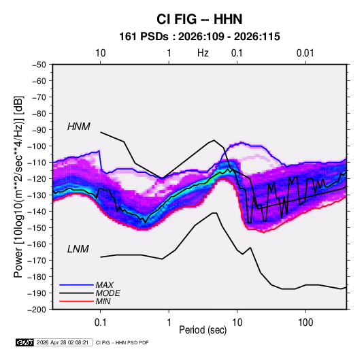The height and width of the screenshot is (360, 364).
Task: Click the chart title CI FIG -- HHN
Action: pos(199,19)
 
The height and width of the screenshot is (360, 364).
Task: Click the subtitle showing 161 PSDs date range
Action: pos(199,37)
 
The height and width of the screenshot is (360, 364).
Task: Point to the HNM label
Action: pos(79,127)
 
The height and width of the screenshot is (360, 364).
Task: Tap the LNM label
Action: pos(78,249)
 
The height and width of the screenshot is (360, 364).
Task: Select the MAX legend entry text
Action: pos(105,285)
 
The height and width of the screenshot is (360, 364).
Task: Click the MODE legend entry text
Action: pos(107,293)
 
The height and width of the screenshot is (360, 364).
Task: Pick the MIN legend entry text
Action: pos(103,301)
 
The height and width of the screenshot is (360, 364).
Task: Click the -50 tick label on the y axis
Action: pos(39,65)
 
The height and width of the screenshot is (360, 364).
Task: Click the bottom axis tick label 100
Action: pos(305,323)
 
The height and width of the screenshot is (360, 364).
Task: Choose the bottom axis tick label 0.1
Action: pos(100,323)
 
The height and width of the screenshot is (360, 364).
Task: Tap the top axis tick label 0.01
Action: pos(305,53)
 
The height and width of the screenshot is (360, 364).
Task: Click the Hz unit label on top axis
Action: pos(203,53)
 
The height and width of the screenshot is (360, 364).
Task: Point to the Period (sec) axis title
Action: pos(203,330)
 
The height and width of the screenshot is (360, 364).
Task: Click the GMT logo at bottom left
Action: pos(24,342)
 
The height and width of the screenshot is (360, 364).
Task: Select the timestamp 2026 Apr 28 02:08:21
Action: pos(63,342)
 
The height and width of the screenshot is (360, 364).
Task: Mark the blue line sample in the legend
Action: pos(76,285)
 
